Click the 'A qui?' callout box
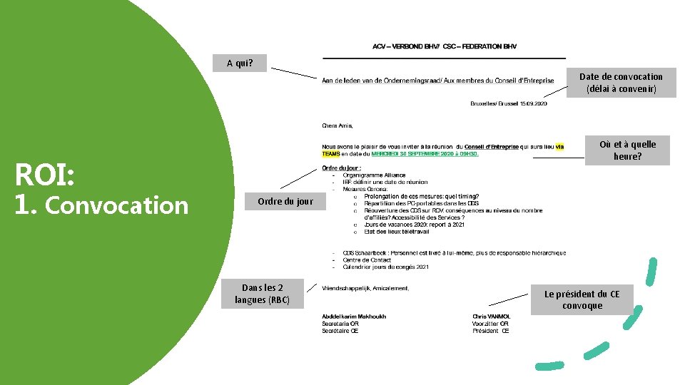tap(240, 63)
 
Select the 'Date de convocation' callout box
tap(621, 83)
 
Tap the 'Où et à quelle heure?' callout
tap(627, 150)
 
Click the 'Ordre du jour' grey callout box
tap(285, 202)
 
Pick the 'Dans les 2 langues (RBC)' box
tap(263, 294)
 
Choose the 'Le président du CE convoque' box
tap(582, 300)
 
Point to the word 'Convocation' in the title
tap(116, 205)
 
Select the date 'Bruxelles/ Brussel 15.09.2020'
tap(509, 104)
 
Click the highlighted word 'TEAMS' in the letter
tap(331, 154)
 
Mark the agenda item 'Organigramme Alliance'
tap(374, 175)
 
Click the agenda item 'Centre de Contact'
tap(367, 260)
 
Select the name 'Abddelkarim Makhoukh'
tap(354, 317)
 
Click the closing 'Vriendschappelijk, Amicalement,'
tap(365, 289)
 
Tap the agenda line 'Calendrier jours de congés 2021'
tap(385, 267)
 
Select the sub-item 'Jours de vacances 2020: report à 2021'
tap(414, 225)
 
